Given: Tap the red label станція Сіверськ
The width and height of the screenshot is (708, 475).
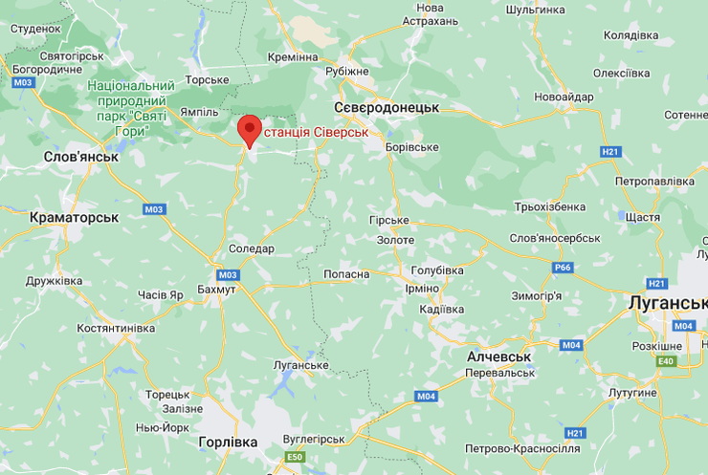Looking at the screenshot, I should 316,131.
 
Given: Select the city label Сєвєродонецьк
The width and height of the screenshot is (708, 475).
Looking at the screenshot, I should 387,107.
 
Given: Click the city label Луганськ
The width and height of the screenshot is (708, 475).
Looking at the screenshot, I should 668,302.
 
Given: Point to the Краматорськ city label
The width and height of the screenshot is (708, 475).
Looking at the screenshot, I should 74,217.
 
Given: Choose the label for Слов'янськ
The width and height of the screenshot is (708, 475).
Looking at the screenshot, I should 81,156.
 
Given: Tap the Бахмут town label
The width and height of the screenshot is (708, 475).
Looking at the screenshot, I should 215,289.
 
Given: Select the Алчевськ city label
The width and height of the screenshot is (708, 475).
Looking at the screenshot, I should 498,356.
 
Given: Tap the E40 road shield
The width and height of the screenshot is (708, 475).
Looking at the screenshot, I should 666,361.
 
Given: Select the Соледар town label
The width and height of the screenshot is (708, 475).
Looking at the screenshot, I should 253,248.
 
